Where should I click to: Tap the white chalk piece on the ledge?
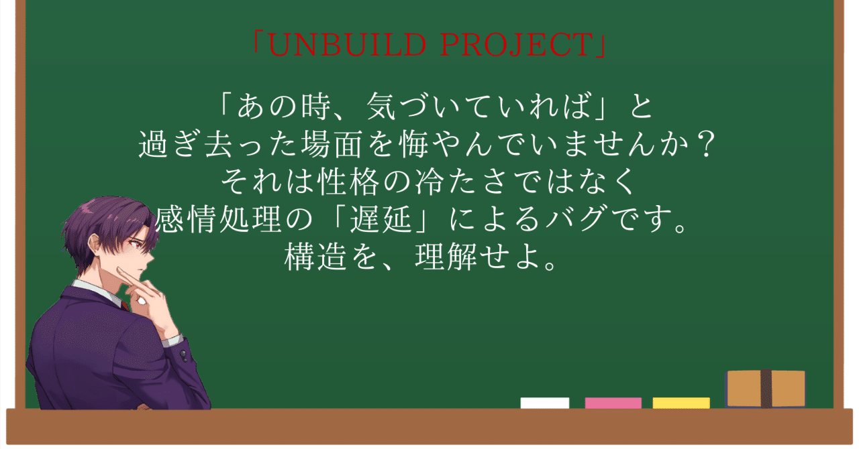coord(544,403)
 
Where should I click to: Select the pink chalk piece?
coord(613,403)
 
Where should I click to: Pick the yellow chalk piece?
coord(680,403)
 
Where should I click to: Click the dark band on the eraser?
coord(766,388)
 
